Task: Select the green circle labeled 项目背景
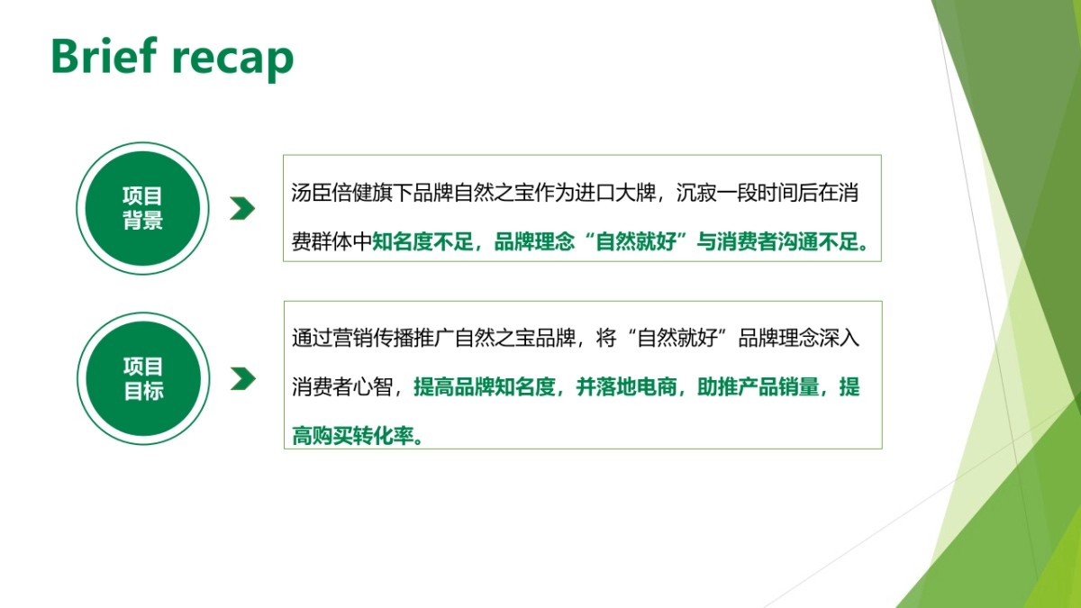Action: click(x=142, y=208)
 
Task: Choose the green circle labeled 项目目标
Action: click(x=142, y=378)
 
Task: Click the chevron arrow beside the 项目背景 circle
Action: click(x=242, y=208)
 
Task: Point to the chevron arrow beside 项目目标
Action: click(x=242, y=378)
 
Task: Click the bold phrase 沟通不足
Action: click(x=830, y=242)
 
